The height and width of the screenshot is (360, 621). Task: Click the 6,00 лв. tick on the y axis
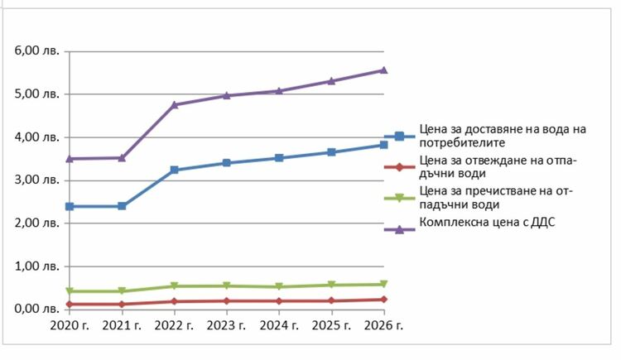36,51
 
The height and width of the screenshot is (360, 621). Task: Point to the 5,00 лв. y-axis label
36,94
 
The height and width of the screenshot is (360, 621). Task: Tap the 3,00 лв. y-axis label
36,180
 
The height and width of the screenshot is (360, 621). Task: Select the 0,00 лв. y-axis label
36,309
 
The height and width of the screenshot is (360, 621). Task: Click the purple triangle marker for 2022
175,104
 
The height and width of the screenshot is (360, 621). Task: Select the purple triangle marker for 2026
383,70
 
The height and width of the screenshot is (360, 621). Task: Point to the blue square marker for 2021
123,206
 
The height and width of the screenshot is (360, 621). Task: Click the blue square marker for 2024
279,157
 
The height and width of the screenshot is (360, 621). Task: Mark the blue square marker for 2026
383,145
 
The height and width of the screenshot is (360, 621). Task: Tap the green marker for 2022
175,286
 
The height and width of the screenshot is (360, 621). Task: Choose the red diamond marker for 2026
383,300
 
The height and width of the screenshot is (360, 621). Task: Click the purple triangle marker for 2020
70,158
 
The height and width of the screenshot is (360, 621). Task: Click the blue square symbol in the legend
400,137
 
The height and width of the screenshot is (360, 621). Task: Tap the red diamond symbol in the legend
400,167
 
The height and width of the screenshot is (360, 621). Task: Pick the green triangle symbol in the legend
400,198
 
